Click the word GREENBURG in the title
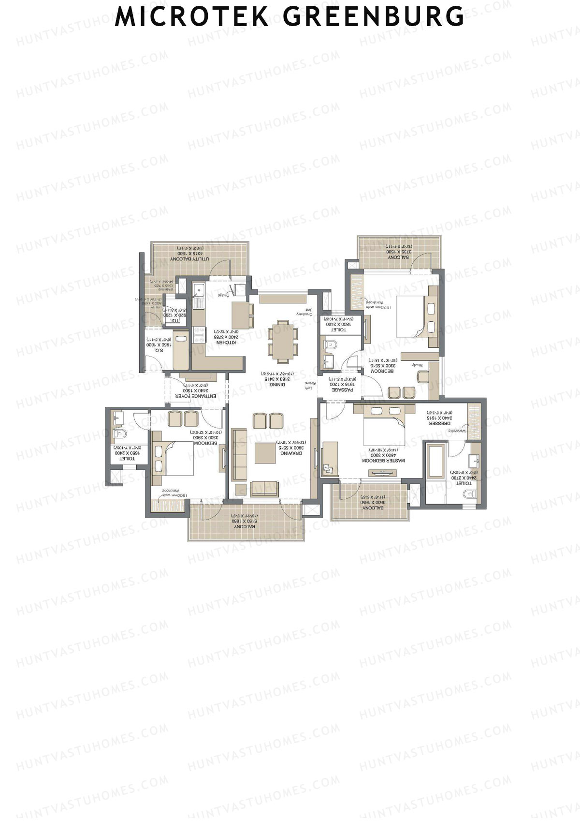click(x=373, y=16)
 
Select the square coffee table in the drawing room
click(x=265, y=453)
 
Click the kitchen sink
click(x=199, y=290)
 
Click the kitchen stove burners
click(x=198, y=334)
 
